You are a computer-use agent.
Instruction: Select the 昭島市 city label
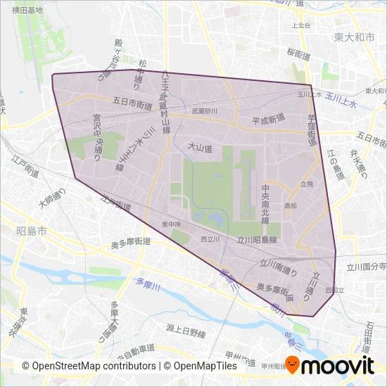(x=30, y=231)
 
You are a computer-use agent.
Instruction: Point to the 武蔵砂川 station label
(x=204, y=111)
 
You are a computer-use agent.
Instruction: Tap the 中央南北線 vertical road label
(x=265, y=205)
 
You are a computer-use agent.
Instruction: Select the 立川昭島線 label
(x=257, y=240)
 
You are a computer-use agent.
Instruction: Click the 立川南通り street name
(x=279, y=267)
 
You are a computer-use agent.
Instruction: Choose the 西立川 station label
(x=210, y=240)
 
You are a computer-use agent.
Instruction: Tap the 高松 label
(x=290, y=205)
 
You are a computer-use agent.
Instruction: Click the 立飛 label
(x=306, y=184)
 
